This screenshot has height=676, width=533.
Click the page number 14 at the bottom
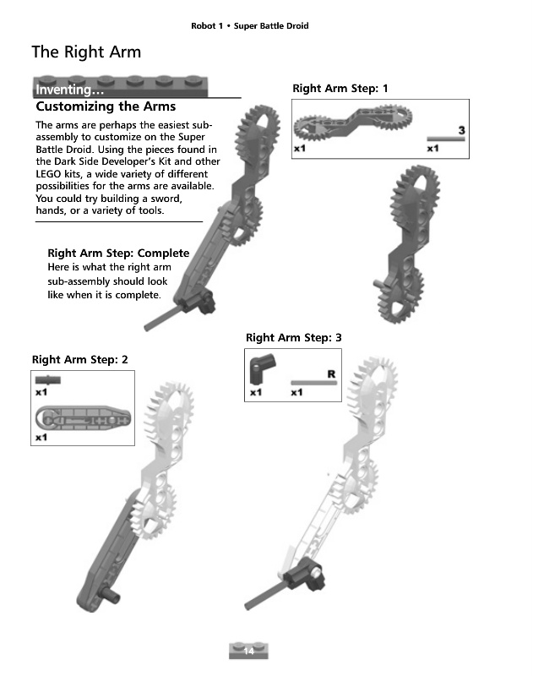[x=248, y=651]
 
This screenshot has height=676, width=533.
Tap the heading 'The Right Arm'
[x=86, y=52]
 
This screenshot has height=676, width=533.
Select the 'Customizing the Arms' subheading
[x=106, y=106]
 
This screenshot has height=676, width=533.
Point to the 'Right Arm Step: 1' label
[x=340, y=89]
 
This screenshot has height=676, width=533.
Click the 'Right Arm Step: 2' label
[x=79, y=360]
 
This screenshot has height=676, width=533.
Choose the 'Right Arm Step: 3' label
[x=293, y=337]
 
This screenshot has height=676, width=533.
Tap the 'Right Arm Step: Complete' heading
[x=118, y=253]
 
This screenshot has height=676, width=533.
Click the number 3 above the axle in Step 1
[x=461, y=130]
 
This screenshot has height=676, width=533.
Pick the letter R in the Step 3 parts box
[x=331, y=373]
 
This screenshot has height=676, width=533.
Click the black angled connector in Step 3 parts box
[x=262, y=369]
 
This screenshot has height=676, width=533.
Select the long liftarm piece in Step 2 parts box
[x=83, y=417]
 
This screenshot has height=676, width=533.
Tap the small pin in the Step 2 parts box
[x=48, y=379]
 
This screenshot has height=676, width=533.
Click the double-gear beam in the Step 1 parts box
[x=352, y=122]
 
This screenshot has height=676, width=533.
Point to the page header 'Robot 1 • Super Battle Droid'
[x=250, y=26]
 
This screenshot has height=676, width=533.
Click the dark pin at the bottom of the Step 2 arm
[x=110, y=595]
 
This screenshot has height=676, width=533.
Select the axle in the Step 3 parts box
[x=313, y=383]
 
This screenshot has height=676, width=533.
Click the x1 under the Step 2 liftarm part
[x=41, y=438]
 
